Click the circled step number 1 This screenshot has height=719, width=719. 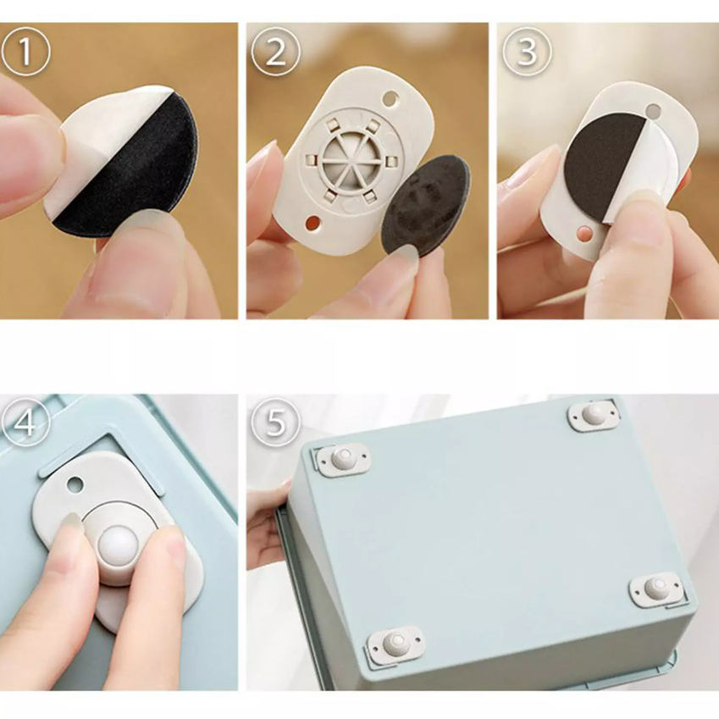25,53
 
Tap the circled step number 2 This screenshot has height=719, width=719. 275,53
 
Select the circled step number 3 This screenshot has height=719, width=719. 527,53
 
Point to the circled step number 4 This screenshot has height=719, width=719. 25,422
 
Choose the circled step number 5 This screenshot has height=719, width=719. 275,422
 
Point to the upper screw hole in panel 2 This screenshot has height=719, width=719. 390,97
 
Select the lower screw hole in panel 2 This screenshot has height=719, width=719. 313,224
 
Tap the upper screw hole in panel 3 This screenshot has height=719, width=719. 653,110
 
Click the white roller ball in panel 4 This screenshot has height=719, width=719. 118,545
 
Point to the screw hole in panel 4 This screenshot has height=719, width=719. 75,484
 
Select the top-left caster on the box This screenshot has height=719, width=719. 344,460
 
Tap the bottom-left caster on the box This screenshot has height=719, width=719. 395,644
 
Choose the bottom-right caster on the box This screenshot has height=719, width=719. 655,589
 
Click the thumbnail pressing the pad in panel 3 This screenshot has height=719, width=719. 645,201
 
